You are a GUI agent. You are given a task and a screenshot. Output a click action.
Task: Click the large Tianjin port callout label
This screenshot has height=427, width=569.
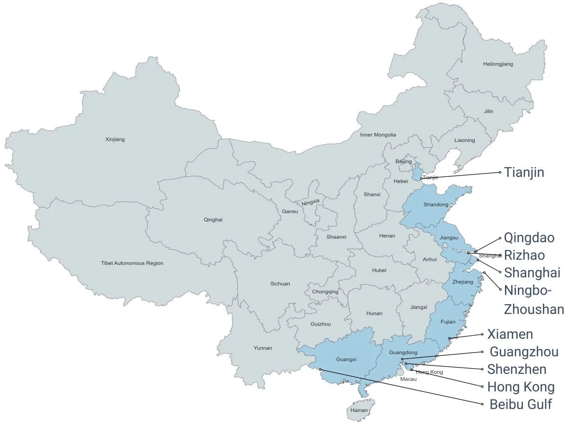[523, 172]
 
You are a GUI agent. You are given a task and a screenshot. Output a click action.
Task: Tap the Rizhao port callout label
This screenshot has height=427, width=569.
[524, 255]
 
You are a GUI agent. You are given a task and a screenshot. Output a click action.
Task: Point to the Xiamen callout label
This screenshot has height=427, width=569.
[510, 334]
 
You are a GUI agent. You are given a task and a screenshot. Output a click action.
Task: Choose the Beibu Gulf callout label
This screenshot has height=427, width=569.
[521, 405]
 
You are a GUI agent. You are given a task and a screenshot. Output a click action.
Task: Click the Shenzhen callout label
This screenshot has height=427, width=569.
[516, 369]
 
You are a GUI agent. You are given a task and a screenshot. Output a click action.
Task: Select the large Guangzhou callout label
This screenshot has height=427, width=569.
[523, 352]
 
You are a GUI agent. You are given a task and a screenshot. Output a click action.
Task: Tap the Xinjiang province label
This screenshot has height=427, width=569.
[114, 139]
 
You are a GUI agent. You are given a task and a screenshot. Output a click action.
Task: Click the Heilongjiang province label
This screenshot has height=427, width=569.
[497, 64]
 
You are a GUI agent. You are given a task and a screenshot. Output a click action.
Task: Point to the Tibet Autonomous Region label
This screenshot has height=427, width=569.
[132, 263]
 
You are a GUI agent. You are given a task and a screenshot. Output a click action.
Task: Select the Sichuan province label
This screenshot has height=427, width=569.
[280, 284]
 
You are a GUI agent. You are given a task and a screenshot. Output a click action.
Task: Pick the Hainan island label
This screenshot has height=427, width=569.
[359, 410]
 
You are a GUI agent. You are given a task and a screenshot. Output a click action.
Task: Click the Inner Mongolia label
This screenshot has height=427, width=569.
[377, 135]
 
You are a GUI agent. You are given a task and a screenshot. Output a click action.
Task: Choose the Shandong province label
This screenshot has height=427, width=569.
[436, 204]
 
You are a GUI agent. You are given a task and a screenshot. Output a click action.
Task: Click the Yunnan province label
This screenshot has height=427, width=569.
[263, 348]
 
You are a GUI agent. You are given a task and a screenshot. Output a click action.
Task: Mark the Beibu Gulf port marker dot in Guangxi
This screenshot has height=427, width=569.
[321, 369]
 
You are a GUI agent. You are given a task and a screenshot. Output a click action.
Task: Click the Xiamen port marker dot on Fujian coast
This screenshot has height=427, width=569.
[450, 338]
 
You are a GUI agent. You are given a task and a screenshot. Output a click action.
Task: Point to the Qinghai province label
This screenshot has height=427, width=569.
[213, 220]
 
